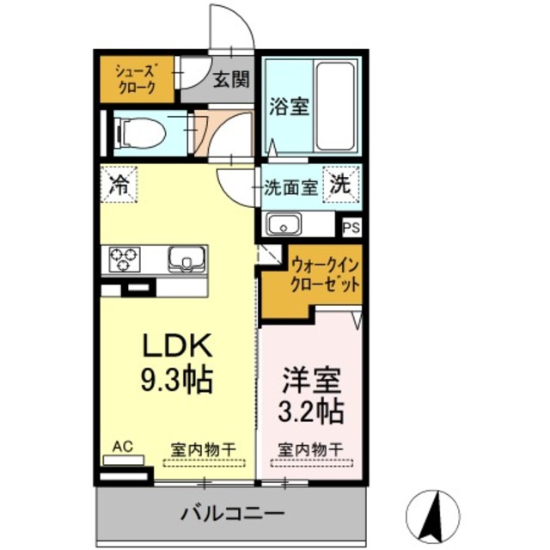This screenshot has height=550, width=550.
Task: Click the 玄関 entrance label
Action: click(230, 81)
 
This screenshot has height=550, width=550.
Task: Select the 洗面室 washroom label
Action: click(291, 185)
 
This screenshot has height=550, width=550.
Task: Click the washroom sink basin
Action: click(284, 226)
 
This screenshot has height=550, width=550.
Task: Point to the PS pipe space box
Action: click(351, 228)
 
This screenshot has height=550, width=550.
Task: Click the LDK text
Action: click(177, 345)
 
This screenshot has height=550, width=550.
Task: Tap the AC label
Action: click(122, 447)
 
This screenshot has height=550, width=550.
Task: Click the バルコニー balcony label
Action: click(232, 515)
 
